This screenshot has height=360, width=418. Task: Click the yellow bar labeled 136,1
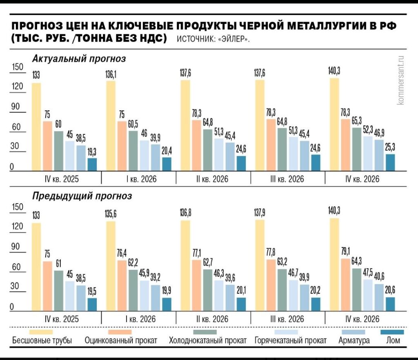coord(111,126)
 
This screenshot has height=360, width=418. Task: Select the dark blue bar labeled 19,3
coord(92,164)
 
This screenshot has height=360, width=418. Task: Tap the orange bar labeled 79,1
coord(345,285)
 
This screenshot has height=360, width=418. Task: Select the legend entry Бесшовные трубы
coord(42,340)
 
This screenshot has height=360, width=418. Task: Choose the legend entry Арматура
coord(354,340)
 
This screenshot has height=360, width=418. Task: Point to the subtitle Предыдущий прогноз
coord(82,196)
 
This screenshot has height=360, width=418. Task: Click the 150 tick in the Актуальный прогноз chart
coord(18,67)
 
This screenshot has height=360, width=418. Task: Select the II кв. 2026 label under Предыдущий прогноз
coord(212,319)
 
